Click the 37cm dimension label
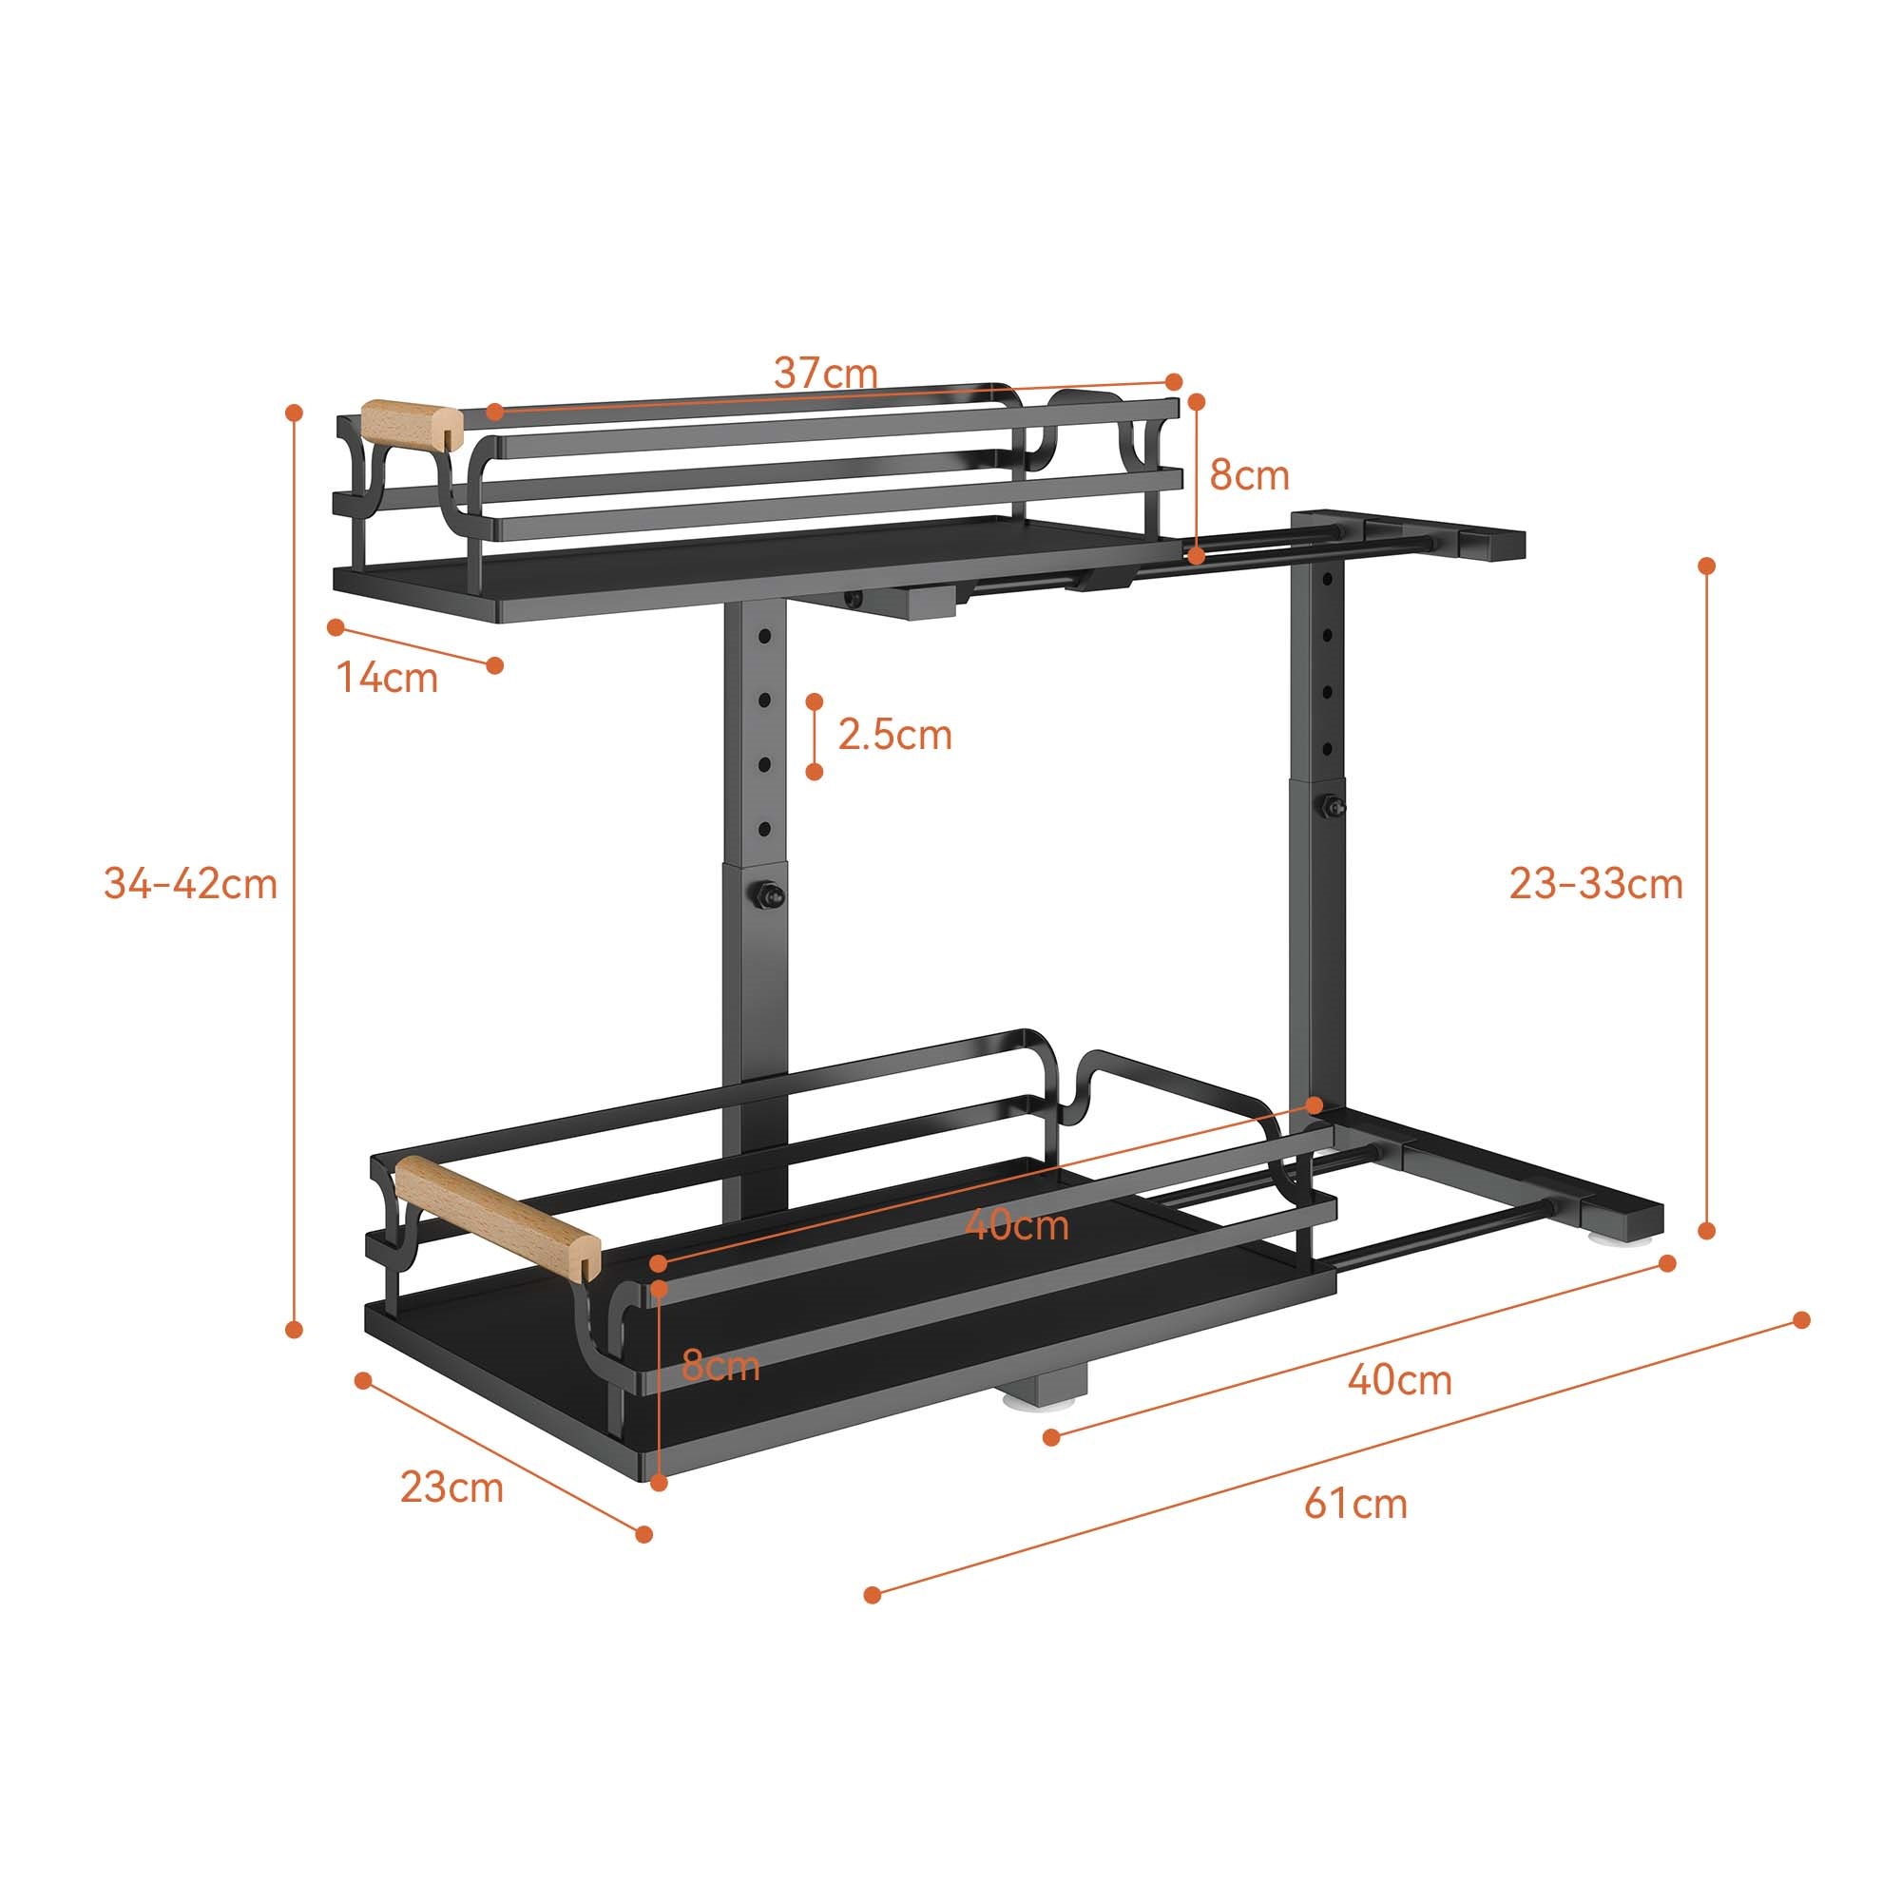[824, 373]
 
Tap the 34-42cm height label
[191, 884]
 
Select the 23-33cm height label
[1596, 884]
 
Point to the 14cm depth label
[387, 678]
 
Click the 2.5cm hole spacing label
[894, 735]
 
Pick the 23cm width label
[451, 1487]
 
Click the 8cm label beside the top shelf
[1249, 475]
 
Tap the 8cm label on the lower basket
[720, 1367]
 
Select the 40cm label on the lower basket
[1015, 1225]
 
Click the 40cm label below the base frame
[1399, 1380]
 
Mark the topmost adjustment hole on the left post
[764, 638]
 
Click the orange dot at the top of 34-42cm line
[293, 412]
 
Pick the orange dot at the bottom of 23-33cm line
[1707, 1231]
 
